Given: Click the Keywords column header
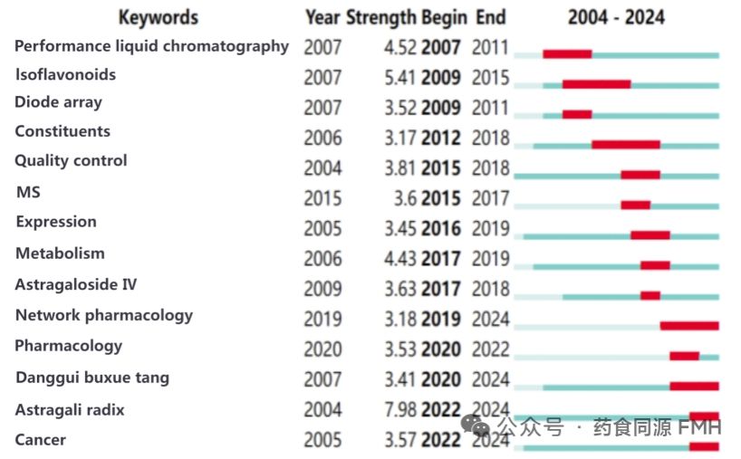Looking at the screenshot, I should point(159,17).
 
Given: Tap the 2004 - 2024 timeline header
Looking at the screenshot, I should point(616,17).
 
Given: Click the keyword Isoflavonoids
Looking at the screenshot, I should point(65,74).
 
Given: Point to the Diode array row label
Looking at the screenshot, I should point(58,102).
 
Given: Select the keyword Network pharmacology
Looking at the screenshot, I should point(104,315).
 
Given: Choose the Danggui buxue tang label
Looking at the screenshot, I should point(92,378).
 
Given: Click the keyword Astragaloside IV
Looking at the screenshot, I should point(76,284).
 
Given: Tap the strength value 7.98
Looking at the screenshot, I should point(399,410).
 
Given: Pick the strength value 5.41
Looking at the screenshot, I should point(399,78).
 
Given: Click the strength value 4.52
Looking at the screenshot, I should point(399,47).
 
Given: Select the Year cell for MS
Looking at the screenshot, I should point(322,198).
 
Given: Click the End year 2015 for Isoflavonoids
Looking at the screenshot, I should point(491,78).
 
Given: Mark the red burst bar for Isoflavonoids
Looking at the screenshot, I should point(596,84).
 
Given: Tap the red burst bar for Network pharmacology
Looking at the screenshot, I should point(688,325).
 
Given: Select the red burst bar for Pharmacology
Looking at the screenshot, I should point(684,356).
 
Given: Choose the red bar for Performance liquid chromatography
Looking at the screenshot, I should point(567,54).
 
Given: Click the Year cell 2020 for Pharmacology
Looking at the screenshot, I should point(322,349).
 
